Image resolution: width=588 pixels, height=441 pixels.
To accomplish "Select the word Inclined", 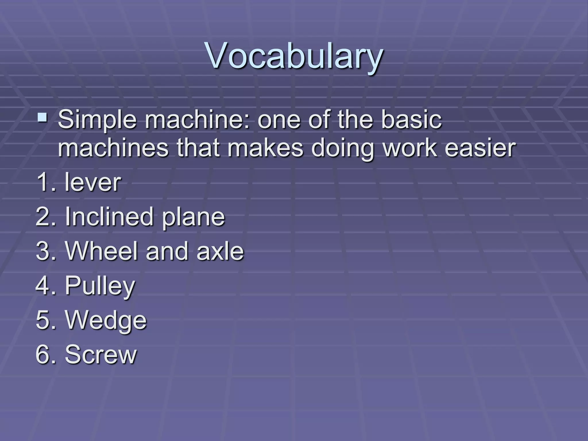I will (x=109, y=216).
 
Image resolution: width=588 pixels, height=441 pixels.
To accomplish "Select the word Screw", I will (x=100, y=354).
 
